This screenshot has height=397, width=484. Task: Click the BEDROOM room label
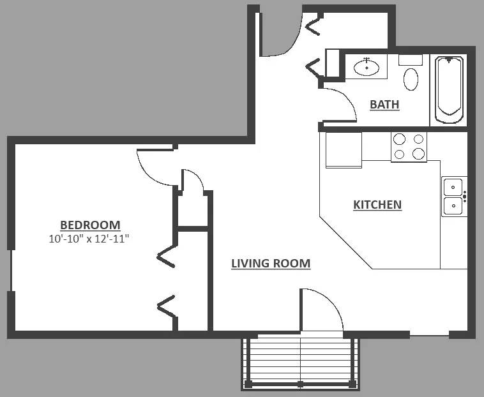(90, 225)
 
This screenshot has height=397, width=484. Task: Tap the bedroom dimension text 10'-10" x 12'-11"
(89, 239)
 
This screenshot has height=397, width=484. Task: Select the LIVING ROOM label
(271, 264)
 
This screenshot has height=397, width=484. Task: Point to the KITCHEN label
(377, 205)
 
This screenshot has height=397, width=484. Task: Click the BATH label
(384, 105)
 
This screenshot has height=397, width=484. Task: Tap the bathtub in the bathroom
(449, 90)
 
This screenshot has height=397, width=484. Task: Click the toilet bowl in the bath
(411, 79)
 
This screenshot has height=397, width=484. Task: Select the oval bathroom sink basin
(367, 68)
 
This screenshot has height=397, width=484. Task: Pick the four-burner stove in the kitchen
(409, 147)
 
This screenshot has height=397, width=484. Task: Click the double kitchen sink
(454, 197)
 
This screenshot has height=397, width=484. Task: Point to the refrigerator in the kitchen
(344, 150)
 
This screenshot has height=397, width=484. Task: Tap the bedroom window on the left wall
(11, 270)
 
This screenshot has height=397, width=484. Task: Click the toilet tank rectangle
(411, 60)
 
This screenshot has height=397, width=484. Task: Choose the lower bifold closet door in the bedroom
(167, 306)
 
